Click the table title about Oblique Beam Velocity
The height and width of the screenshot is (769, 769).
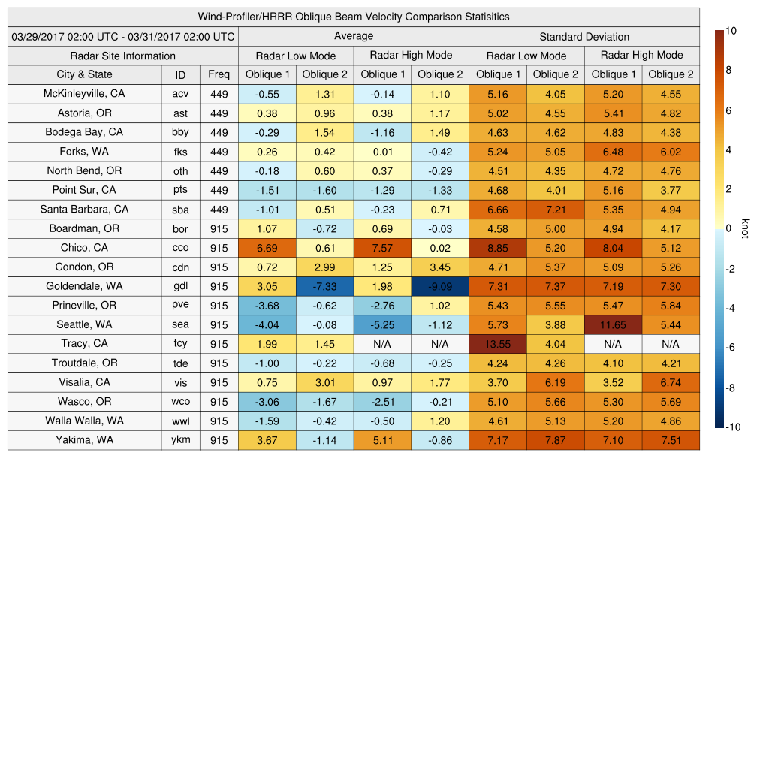coord(354,17)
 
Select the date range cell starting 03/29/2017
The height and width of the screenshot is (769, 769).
coord(123,36)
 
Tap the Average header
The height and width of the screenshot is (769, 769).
coord(354,36)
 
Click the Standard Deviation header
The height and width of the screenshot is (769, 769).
coord(584,36)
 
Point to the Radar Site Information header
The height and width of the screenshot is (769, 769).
coord(123,56)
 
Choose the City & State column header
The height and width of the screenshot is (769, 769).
coord(84,74)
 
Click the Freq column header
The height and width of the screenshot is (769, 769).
coord(219,74)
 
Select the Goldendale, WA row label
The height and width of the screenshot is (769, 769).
coord(84,286)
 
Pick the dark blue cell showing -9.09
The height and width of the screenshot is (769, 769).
coord(440,286)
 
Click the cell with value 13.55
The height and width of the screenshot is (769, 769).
coord(498,344)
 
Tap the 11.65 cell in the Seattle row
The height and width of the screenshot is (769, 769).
coord(614,324)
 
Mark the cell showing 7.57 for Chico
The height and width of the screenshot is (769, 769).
coord(383,248)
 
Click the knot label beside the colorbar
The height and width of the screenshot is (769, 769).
coord(746,228)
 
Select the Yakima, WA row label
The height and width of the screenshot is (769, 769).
coord(84,440)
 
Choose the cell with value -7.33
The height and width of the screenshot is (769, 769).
coord(325,286)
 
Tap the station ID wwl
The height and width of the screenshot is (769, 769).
coord(180,421)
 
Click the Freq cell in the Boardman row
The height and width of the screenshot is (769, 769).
coord(219,228)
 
